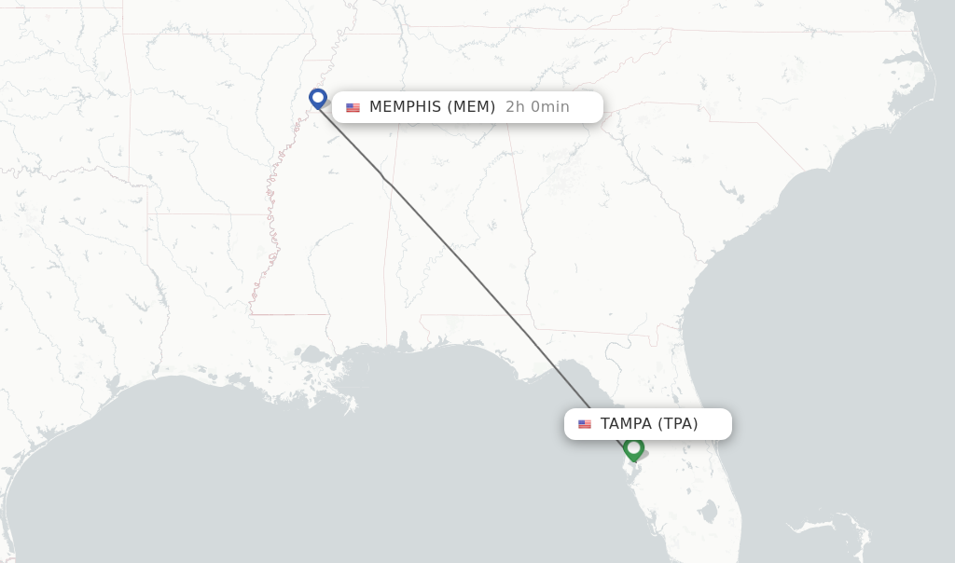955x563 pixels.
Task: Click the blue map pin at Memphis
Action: pos(318,97)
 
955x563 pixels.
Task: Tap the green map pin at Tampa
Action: pos(634,448)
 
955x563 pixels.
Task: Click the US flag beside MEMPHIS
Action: pos(353,107)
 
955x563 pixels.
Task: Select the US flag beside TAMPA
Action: pos(585,424)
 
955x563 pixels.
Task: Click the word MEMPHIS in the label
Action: pos(405,107)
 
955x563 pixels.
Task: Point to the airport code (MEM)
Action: pos(471,107)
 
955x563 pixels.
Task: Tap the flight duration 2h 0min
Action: pos(537,107)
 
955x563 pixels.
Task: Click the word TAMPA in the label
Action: pos(626,424)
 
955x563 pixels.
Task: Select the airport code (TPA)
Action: pos(678,424)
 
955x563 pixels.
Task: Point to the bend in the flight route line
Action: pos(384,178)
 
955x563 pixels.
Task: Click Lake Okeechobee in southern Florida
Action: pos(709,511)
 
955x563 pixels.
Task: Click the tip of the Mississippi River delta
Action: pos(352,407)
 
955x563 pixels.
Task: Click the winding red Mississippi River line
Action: pos(270,214)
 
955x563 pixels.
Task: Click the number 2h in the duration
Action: pos(516,107)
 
